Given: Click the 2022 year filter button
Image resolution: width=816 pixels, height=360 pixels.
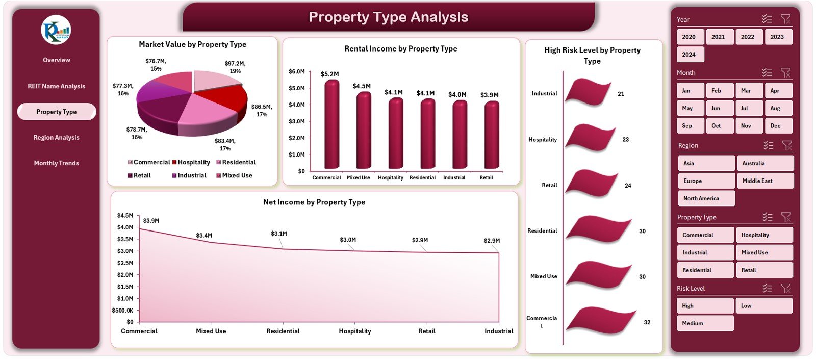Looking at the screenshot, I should pos(748,37).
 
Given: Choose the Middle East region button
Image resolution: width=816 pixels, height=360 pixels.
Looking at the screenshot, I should pos(764,181).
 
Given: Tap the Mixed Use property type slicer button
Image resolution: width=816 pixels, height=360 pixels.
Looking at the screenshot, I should pos(763,252).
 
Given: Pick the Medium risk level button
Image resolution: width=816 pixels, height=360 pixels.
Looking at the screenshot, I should pos(705,323).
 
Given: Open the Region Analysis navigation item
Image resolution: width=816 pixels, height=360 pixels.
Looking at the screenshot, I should pos(56,138).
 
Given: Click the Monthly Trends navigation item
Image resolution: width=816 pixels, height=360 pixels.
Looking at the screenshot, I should pos(56,163).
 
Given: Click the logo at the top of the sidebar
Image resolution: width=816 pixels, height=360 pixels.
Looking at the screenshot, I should pos(56,30).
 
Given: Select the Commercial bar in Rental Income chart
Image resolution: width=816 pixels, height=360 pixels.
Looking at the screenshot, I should pos(331,125).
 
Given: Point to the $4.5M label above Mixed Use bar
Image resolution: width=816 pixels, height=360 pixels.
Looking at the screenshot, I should pos(362,86).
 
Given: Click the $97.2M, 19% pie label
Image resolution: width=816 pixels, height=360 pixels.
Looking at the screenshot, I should pos(235,67).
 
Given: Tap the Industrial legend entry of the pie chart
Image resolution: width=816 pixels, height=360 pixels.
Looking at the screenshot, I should pos(189,175).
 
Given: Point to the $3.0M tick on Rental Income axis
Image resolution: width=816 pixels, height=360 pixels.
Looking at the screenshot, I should pos(296,121).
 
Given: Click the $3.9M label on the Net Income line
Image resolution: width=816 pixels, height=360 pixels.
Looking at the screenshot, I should pos(151,221).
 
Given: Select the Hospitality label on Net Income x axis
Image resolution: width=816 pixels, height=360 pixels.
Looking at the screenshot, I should pos(355,331).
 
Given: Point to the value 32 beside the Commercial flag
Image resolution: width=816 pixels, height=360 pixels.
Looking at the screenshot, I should pos(647,322).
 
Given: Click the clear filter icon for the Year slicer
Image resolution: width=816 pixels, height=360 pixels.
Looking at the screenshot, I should pos(785,19).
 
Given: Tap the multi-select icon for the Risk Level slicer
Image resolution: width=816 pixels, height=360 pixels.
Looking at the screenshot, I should pos(767,289).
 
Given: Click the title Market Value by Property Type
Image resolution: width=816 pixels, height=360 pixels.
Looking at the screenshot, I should pos(192,44).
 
